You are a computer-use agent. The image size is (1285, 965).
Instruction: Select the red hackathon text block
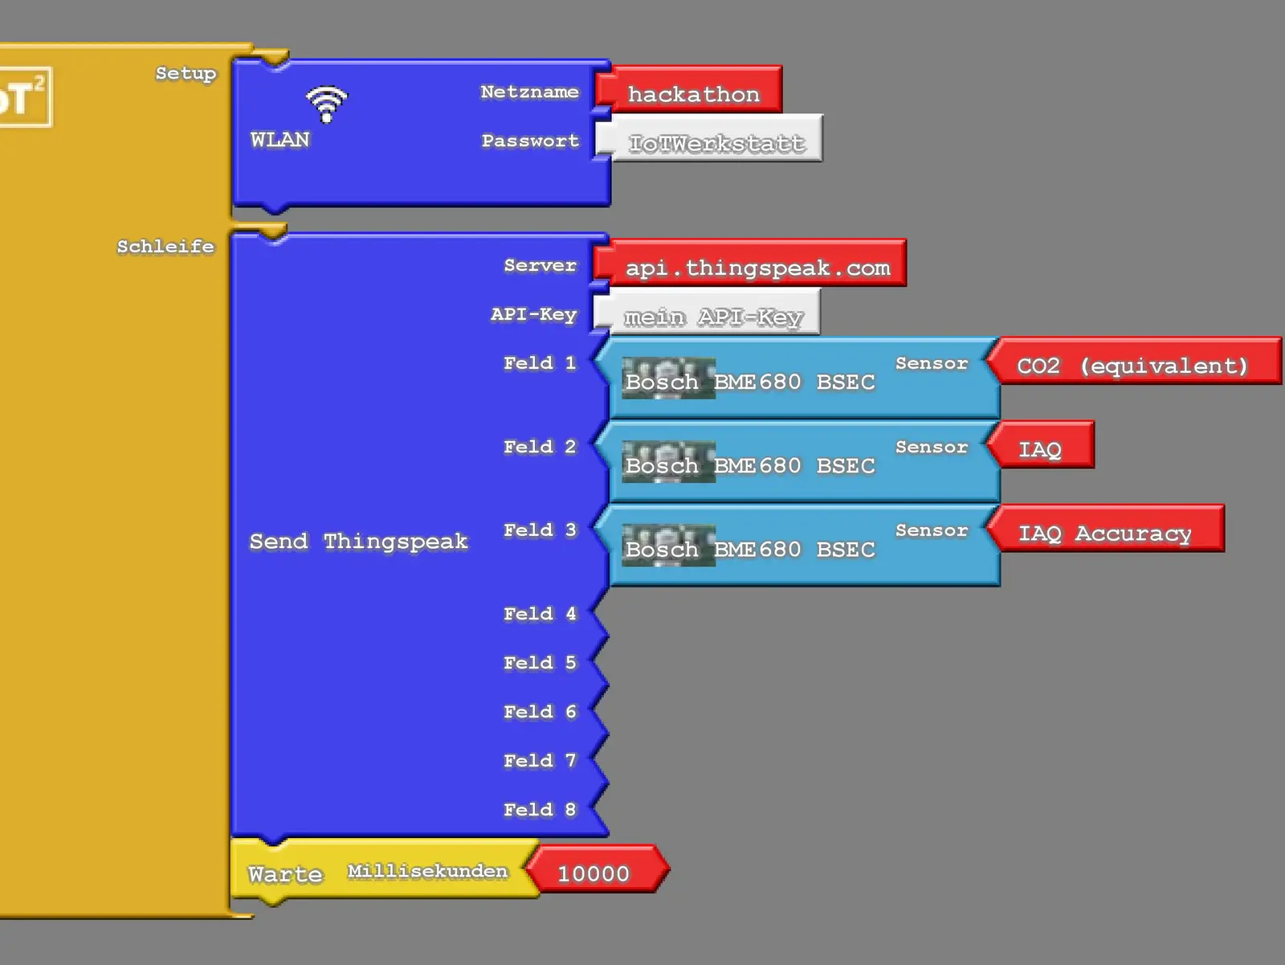coord(692,94)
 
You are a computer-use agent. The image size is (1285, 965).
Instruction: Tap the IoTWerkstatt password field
coord(715,143)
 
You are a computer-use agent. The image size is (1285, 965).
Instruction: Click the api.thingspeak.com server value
coord(757,268)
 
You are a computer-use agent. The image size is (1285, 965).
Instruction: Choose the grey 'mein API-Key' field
coord(712,317)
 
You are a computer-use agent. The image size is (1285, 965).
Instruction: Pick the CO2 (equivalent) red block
coord(1132,366)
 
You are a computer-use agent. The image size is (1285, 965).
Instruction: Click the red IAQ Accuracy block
coord(1104,533)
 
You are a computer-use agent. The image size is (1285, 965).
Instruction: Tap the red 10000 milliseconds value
coord(594,873)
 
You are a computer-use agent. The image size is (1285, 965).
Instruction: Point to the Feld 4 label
coord(540,614)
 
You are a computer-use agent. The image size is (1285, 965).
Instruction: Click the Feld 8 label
coord(540,810)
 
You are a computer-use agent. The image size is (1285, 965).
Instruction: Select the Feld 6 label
coord(540,712)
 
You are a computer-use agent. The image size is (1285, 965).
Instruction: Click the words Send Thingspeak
coord(358,542)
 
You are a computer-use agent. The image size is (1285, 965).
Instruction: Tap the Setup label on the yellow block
coord(186,73)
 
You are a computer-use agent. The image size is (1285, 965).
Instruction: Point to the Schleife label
coord(165,247)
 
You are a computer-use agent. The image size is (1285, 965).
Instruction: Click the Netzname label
coord(529,92)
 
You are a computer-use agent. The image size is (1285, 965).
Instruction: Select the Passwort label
coord(530,141)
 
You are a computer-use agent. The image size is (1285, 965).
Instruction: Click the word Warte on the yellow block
coord(285,874)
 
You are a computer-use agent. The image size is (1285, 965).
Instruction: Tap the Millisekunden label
coord(427,872)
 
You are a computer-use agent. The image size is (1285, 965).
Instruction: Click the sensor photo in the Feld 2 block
coord(668,463)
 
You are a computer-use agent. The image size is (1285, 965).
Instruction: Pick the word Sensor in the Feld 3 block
coord(932,530)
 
